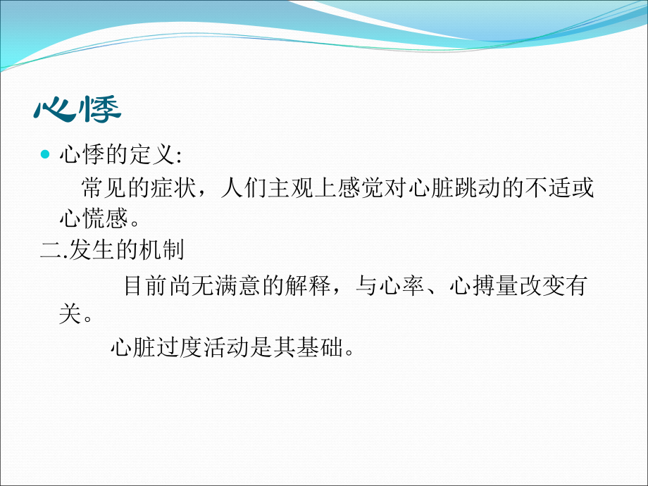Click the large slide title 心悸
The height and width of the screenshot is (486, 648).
(x=77, y=109)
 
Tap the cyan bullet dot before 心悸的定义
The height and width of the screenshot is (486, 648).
(x=46, y=156)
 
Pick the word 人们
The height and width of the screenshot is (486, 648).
(x=237, y=188)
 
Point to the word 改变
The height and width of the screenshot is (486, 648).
(x=541, y=287)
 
